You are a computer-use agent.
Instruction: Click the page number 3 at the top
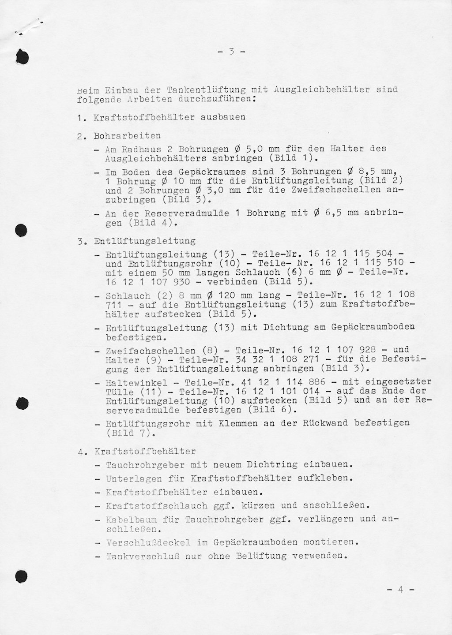pos(231,52)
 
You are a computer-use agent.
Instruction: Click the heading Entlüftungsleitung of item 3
pos(144,241)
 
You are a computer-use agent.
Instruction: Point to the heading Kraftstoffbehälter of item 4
pos(144,452)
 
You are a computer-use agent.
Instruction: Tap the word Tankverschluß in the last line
pos(142,556)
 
